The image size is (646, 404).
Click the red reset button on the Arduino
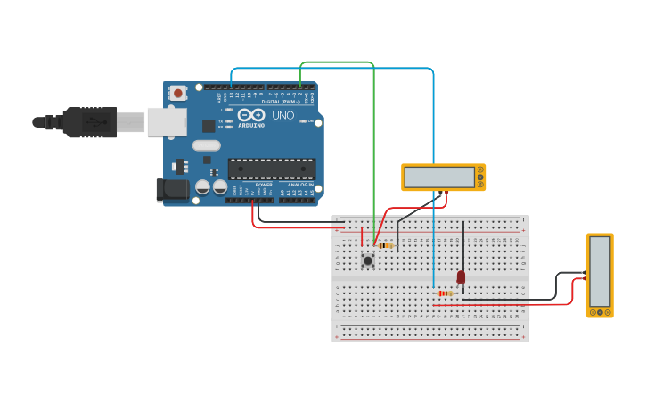pyautogui.click(x=178, y=93)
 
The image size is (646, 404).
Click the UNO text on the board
pyautogui.click(x=282, y=116)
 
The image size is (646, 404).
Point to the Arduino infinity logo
pyautogui.click(x=250, y=115)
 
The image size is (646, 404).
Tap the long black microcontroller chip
pyautogui.click(x=271, y=169)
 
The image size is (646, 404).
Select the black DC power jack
pyautogui.click(x=172, y=189)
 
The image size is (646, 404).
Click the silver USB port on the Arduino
pyautogui.click(x=167, y=122)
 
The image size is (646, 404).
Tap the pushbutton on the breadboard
pyautogui.click(x=367, y=260)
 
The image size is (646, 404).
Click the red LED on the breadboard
pyautogui.click(x=461, y=277)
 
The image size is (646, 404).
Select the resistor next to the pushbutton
pyautogui.click(x=385, y=245)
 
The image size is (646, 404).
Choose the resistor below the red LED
pyautogui.click(x=446, y=293)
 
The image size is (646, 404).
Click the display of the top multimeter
pyautogui.click(x=439, y=177)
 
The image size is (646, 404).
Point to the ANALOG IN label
pyautogui.click(x=297, y=185)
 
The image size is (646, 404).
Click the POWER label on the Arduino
pyautogui.click(x=264, y=185)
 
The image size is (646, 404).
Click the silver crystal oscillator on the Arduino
pyautogui.click(x=206, y=145)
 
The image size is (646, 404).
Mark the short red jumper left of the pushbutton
pyautogui.click(x=362, y=236)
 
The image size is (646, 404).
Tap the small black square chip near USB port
pyautogui.click(x=209, y=126)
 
